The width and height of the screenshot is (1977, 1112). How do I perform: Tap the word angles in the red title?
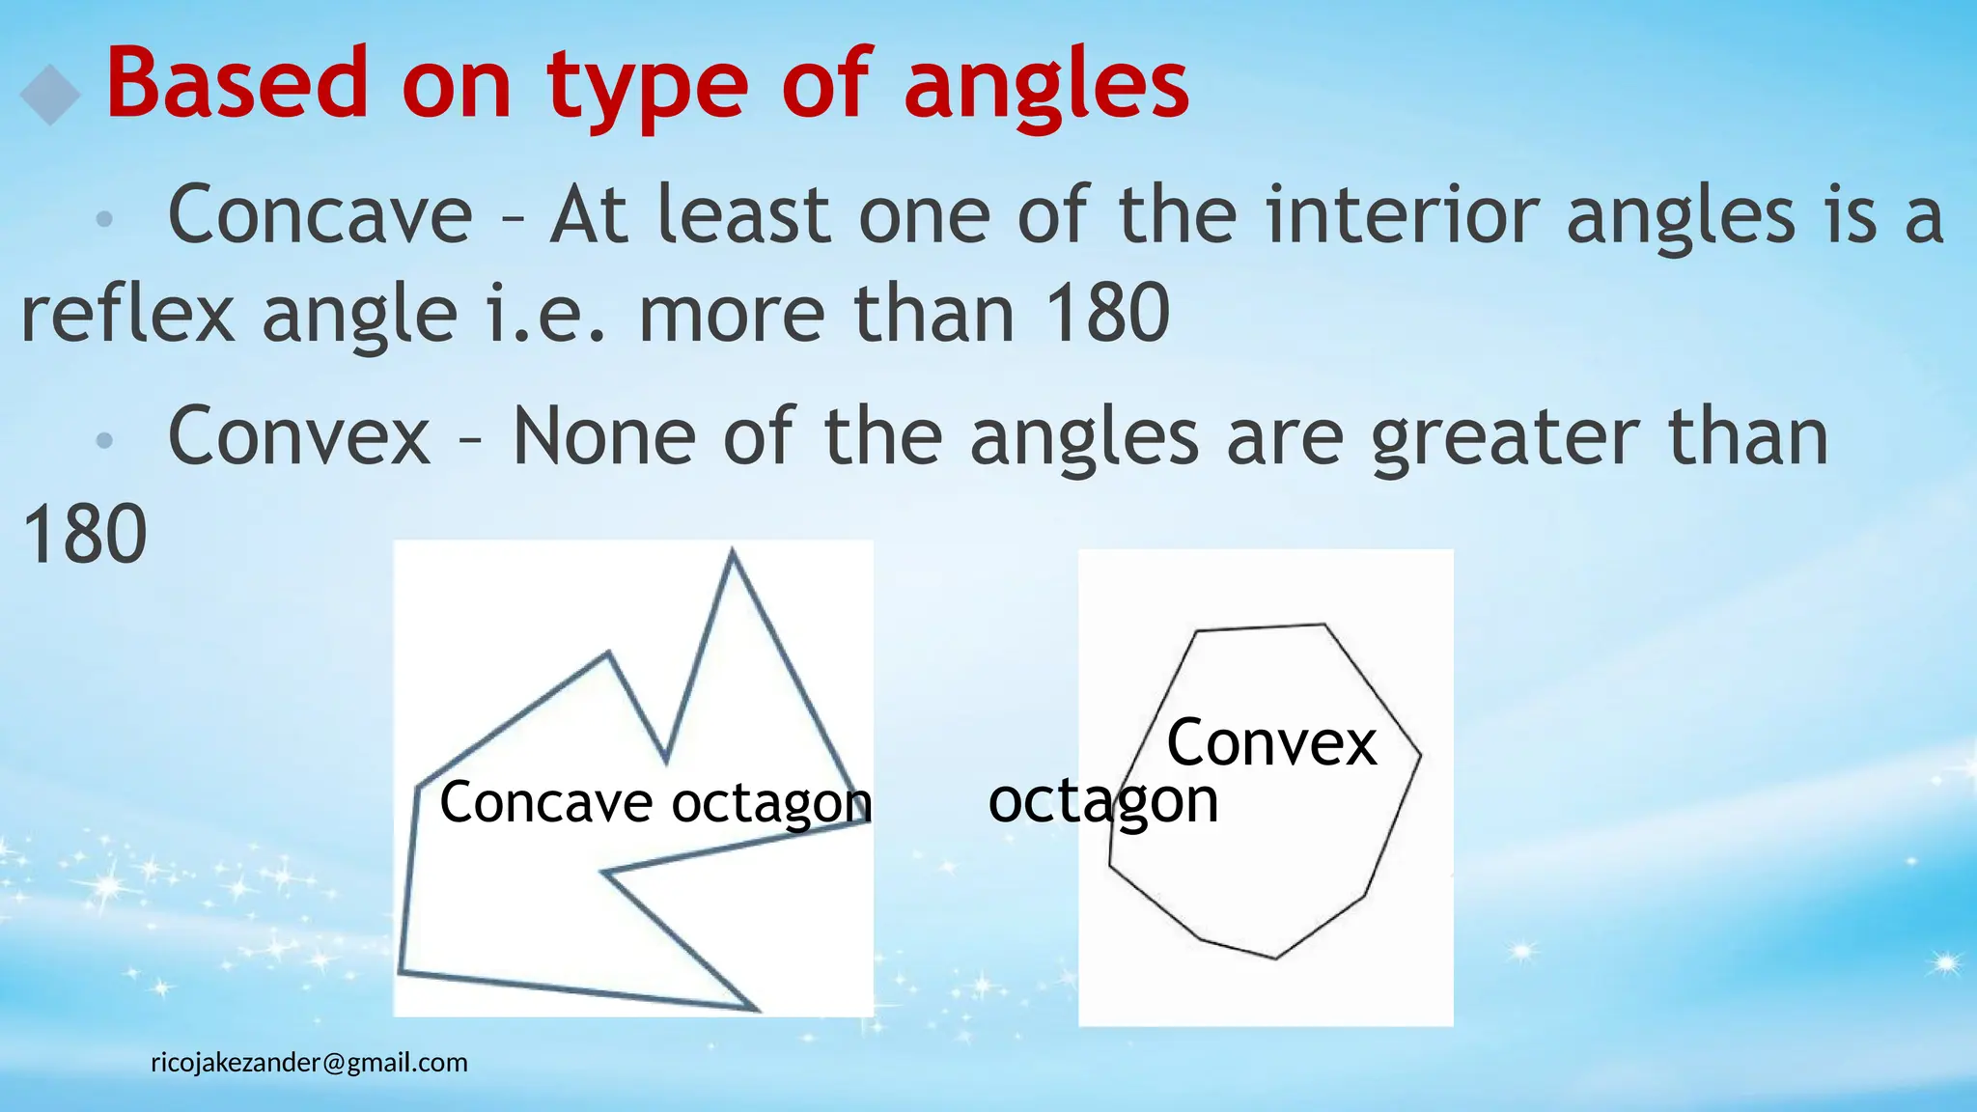[x=1046, y=89]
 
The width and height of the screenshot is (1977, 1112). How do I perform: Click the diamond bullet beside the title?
[x=49, y=94]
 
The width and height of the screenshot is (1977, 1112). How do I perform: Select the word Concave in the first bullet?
[x=320, y=214]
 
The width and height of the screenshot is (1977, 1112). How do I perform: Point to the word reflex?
[x=127, y=314]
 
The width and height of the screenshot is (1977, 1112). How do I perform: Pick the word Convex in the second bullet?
[x=299, y=436]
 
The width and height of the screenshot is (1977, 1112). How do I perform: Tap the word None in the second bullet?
[x=604, y=436]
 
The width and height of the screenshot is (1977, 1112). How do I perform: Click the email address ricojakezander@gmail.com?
[x=309, y=1063]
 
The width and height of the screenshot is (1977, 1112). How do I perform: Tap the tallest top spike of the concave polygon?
[x=733, y=551]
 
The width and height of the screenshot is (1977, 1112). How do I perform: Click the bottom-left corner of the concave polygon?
[x=401, y=970]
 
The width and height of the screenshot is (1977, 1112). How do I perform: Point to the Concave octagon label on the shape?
[x=655, y=803]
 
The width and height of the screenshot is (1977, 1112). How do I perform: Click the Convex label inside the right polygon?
[x=1271, y=743]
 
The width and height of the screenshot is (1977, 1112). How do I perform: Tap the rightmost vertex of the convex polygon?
[x=1420, y=756]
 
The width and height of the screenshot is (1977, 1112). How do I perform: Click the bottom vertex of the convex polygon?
[x=1275, y=959]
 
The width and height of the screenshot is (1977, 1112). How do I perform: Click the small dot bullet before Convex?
[x=104, y=441]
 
